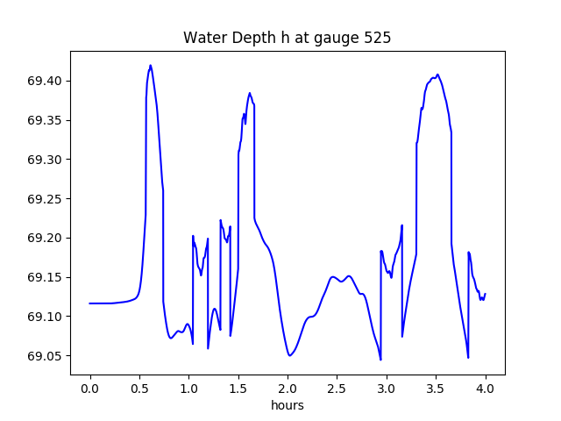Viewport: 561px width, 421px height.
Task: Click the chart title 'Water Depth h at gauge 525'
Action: pyautogui.click(x=287, y=39)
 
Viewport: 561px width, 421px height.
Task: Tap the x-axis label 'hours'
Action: pyautogui.click(x=288, y=406)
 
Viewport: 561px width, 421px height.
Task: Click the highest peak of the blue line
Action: pyautogui.click(x=151, y=65)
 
